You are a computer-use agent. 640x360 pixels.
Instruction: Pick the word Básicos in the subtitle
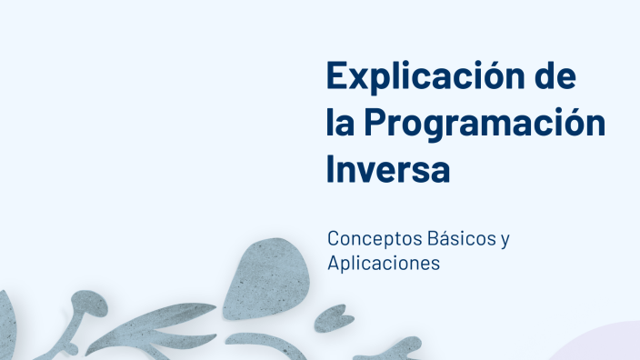tap(457, 239)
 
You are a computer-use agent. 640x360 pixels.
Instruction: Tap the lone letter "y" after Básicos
tap(505, 242)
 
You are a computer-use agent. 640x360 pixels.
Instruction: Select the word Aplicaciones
tap(384, 264)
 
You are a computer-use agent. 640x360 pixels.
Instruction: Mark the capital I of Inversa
tap(332, 170)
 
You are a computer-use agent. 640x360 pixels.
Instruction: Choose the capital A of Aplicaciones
tap(335, 263)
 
